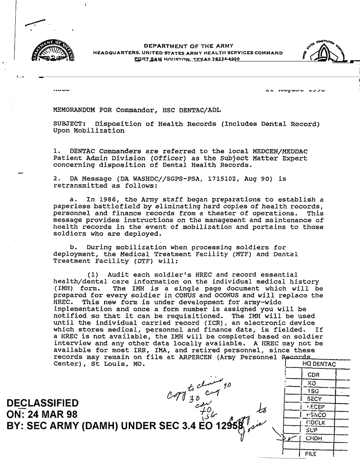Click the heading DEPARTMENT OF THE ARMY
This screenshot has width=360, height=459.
(191, 46)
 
